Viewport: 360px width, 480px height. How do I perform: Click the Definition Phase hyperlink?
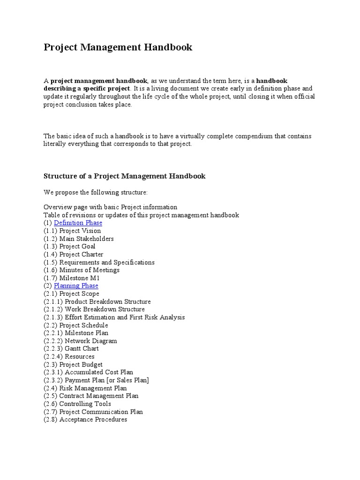point(78,223)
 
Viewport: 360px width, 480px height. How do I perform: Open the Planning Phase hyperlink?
point(76,285)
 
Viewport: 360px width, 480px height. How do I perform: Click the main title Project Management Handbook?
point(118,47)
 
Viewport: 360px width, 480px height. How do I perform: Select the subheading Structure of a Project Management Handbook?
point(124,176)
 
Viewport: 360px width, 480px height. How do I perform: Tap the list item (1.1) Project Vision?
point(72,231)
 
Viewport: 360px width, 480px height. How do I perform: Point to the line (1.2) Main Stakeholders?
point(79,239)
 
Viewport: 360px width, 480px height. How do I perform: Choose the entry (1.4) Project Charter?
point(74,254)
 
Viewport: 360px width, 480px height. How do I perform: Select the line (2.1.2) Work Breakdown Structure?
point(94,309)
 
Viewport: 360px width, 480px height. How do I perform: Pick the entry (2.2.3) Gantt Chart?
point(71,349)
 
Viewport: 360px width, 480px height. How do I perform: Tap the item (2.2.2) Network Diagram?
point(80,341)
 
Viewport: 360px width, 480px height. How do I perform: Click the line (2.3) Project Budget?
point(73,364)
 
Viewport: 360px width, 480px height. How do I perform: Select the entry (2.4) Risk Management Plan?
point(85,388)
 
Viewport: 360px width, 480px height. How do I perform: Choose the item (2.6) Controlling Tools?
point(77,404)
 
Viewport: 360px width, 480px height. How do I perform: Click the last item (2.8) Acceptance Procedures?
point(85,420)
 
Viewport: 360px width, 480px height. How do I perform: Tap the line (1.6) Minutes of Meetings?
point(82,270)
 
